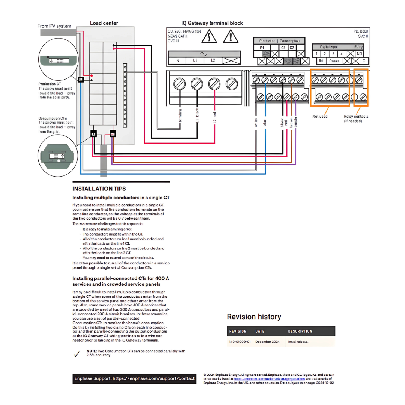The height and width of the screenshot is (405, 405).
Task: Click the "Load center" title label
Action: (104, 23)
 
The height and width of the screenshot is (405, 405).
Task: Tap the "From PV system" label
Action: (54, 26)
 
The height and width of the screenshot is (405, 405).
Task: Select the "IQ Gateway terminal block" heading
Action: (212, 23)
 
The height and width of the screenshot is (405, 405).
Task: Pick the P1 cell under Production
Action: (262, 48)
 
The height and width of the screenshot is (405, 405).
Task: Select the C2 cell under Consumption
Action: (292, 48)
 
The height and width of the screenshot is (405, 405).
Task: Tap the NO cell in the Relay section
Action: (360, 54)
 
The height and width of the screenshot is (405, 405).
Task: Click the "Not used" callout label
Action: (320, 117)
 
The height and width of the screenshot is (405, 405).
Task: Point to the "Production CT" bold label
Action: (49, 84)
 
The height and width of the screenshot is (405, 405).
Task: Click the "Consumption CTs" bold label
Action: (52, 118)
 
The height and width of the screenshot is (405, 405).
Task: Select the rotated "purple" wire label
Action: (296, 123)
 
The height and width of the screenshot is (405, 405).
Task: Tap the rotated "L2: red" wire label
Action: (214, 117)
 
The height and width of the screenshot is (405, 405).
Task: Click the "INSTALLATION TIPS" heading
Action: (99, 189)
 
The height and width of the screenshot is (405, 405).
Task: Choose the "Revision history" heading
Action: (254, 317)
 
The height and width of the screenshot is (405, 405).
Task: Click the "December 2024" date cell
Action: (268, 342)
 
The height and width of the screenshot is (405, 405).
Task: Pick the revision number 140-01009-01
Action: (240, 342)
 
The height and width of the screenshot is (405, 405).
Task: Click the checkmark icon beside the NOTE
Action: (77, 354)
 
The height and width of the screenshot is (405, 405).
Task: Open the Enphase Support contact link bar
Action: (134, 378)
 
